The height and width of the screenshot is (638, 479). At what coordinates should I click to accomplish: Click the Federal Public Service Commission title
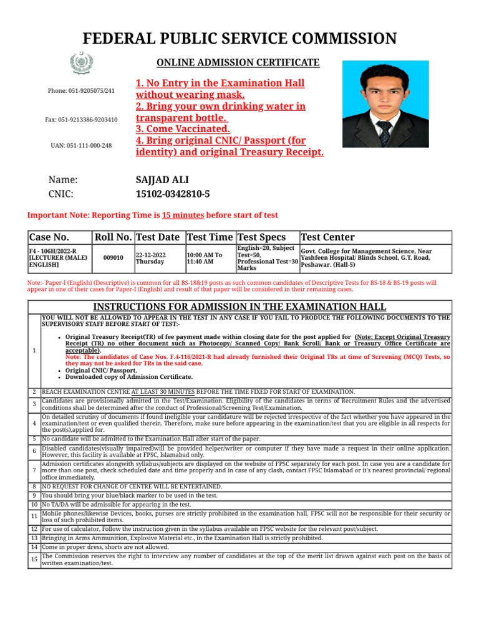point(239,39)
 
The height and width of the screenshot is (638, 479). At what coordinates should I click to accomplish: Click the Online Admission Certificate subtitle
point(238,63)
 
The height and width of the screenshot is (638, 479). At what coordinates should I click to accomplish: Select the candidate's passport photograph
point(387,103)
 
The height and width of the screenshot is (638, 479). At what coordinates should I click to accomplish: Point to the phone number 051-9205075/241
point(81,91)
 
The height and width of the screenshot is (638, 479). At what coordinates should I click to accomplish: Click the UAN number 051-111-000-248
point(81,145)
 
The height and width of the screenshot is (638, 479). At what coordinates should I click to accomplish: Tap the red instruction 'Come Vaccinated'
point(183,129)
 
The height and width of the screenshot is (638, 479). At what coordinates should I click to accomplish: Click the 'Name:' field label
point(63,179)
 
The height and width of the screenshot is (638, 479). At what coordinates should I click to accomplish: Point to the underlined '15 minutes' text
point(183,215)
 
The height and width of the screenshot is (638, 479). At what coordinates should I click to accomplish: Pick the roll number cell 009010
point(113,257)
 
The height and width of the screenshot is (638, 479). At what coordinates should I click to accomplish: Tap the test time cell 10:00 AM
point(205,254)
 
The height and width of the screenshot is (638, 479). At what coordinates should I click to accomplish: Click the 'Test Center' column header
point(327,237)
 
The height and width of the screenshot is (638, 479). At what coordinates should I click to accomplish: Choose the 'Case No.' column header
point(49,237)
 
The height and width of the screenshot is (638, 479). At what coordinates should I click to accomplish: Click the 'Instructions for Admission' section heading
point(239,307)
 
